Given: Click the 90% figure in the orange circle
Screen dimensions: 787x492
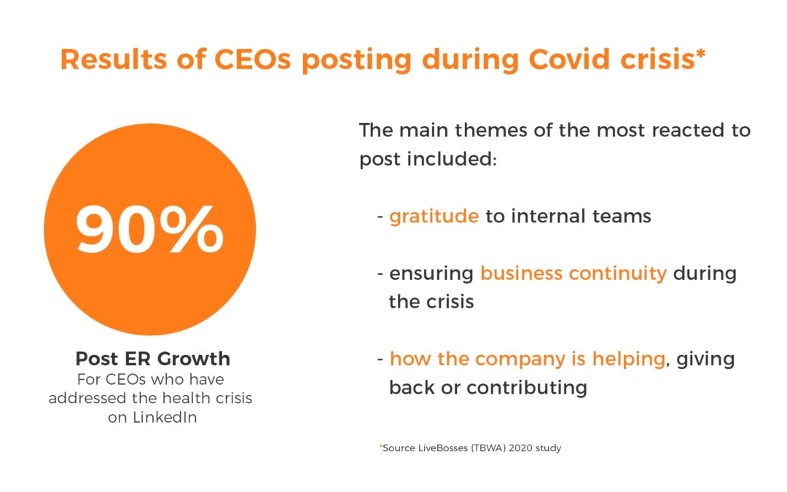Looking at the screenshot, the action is point(149,229).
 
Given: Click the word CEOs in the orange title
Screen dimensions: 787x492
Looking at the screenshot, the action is point(252,59).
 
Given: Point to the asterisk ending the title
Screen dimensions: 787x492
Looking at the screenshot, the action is point(701,52).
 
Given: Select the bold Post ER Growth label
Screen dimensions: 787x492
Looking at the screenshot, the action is point(152,359).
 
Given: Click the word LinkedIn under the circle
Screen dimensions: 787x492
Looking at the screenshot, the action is point(165,417).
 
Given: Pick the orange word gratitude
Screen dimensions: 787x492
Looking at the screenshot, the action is point(434,216).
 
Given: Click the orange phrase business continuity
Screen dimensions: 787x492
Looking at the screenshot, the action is point(573,273).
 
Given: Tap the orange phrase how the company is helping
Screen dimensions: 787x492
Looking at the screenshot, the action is point(528,359).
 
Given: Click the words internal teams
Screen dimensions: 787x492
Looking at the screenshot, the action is point(582,216).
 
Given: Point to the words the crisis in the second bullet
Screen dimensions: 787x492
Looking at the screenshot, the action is point(431,302).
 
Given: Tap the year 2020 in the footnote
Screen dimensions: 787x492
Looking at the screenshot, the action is point(520,448).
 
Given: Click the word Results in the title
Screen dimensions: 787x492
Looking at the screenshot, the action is point(114,59).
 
